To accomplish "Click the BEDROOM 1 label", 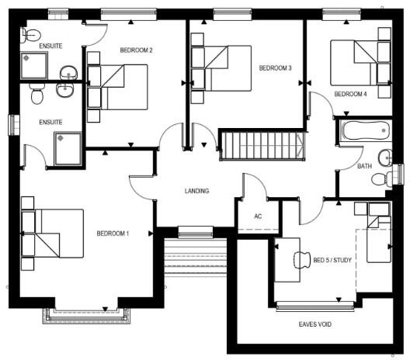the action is pos(113,234).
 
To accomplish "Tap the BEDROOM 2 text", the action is pos(136,50).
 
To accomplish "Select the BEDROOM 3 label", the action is pos(275,68).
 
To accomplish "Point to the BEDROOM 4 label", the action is pos(350,94).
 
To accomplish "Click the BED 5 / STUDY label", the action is pos(332,260).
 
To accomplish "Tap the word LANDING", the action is pos(196,191).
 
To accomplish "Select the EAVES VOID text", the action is pos(314,324).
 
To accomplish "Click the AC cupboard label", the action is pos(258,216).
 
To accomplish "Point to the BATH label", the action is pos(364,166).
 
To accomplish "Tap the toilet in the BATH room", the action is pos(382,178).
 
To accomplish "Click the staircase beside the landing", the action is pos(262,146).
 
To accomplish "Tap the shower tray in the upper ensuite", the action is pos(34,66).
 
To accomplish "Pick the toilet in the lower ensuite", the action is pos(36,94).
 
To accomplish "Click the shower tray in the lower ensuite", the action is pos(68,149).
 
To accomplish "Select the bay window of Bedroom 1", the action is pos(86,315).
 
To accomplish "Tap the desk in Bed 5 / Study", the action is pos(287,260).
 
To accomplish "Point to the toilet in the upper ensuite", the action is pos(31,34).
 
